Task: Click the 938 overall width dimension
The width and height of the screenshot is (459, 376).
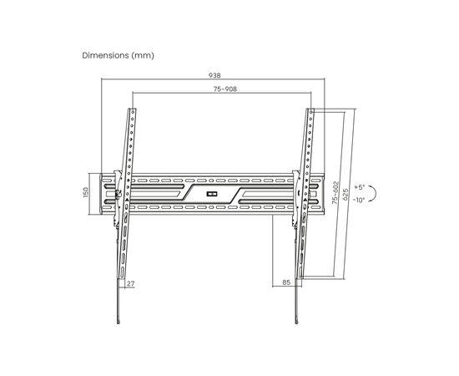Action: coord(214,75)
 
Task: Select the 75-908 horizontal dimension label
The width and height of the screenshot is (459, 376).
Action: coord(224,89)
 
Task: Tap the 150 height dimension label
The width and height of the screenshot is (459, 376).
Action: coord(86,192)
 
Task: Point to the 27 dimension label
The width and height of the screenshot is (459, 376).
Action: coord(130,283)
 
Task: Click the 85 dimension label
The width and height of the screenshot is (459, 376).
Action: coord(286,282)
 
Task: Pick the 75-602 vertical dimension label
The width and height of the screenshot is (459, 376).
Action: coord(335,192)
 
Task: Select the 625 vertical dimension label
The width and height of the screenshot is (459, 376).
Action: coord(346,195)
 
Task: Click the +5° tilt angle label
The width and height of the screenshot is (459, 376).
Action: coord(359,186)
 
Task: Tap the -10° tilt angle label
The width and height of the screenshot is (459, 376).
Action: coord(359,201)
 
